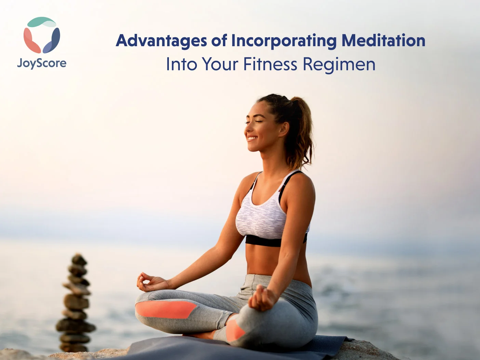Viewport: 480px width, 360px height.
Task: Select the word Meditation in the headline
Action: [x=383, y=40]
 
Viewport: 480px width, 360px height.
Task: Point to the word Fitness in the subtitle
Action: [x=270, y=64]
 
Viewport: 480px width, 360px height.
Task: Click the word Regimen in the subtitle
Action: [x=339, y=65]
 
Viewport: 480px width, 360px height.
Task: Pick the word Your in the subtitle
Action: [x=220, y=64]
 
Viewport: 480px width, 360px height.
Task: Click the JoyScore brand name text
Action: [x=42, y=63]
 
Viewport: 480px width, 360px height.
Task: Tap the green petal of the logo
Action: [x=42, y=22]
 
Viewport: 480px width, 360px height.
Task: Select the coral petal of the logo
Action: [x=31, y=41]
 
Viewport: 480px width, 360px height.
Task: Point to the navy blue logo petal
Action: [x=52, y=41]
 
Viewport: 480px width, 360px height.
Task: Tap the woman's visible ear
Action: [x=284, y=129]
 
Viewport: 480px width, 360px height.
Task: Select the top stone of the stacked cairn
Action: [x=79, y=260]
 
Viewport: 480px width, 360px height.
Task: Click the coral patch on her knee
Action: [x=166, y=309]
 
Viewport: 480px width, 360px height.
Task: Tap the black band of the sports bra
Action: [x=276, y=240]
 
